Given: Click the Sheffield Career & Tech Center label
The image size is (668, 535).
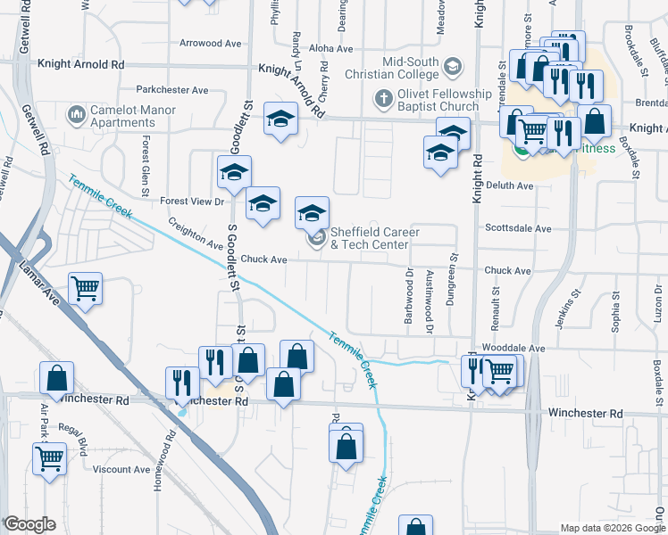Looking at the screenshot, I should click(x=369, y=238).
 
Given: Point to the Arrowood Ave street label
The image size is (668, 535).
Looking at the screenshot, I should click(x=211, y=43).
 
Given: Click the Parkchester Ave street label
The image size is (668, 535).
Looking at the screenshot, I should click(x=172, y=90).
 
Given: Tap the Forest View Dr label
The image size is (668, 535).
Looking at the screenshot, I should click(x=192, y=202).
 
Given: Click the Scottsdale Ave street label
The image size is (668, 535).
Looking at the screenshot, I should click(x=518, y=228).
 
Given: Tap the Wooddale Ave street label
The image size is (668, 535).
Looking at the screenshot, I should click(x=513, y=348).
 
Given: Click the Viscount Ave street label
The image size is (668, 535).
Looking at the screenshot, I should click(x=122, y=469).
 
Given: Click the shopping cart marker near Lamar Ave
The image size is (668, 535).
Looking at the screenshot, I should click(x=85, y=288).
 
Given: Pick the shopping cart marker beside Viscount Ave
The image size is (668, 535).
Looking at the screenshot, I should click(x=50, y=458).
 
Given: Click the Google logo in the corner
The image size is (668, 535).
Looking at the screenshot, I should click(x=29, y=525).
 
